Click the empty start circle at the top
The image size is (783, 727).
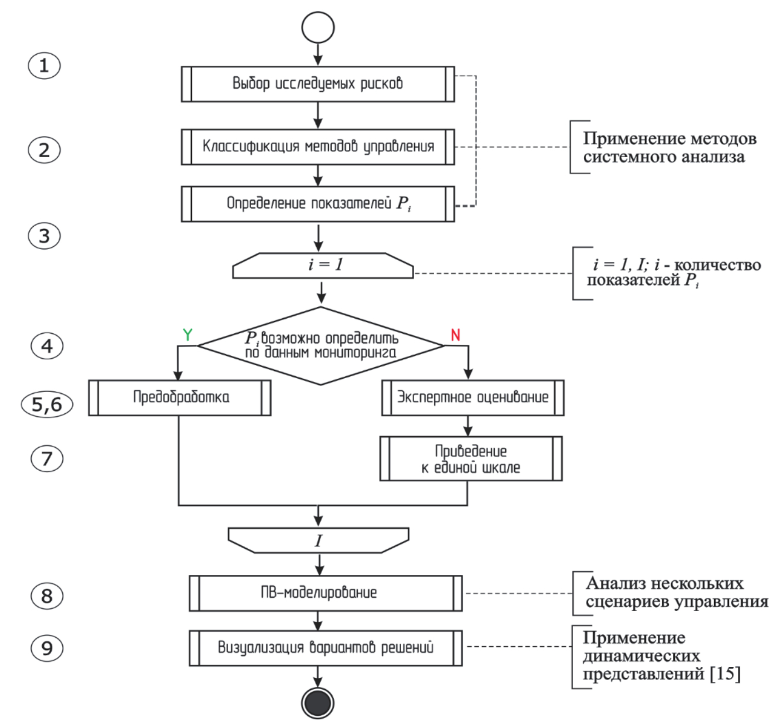(318, 27)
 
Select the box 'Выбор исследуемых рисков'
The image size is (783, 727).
(318, 84)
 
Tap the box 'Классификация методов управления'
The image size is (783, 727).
(318, 147)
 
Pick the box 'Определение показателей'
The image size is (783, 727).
(318, 204)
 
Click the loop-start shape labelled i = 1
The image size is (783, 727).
(323, 265)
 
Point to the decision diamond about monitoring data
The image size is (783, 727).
(321, 346)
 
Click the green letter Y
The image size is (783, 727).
(188, 335)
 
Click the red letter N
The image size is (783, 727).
(455, 335)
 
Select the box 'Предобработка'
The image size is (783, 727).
(180, 398)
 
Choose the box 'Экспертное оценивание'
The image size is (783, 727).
(472, 398)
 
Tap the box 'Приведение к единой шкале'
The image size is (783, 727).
(471, 459)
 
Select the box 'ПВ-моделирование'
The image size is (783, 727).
(326, 593)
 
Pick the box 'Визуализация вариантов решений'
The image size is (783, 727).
(326, 648)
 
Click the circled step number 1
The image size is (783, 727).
(44, 66)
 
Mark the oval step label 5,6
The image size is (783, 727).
(47, 404)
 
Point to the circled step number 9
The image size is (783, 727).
(47, 648)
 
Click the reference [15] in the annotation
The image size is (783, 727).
(725, 674)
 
